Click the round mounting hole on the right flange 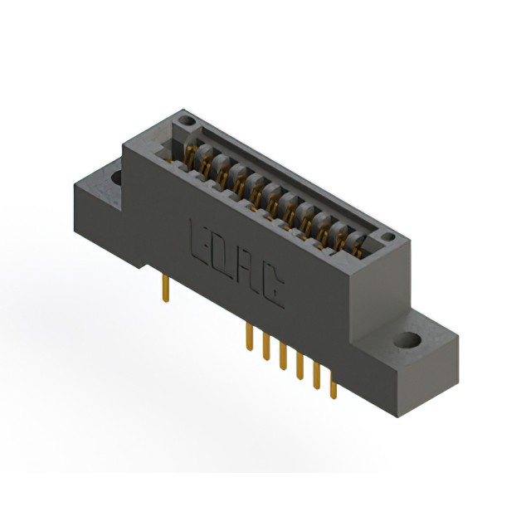click(x=407, y=339)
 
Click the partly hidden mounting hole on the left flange click(x=116, y=178)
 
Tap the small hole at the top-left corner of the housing click(x=187, y=120)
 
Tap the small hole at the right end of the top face click(x=388, y=236)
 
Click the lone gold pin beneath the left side click(x=166, y=288)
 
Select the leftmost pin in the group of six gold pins click(x=250, y=337)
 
